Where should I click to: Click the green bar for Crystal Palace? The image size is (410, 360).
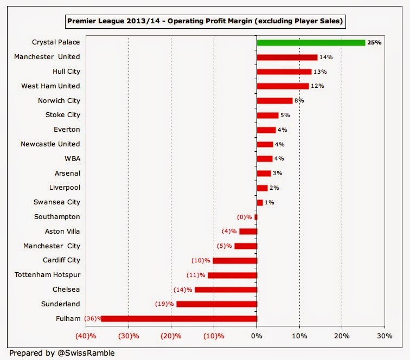click(x=311, y=42)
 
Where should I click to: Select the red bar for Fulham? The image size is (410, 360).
click(x=179, y=318)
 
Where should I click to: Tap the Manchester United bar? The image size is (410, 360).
click(x=287, y=57)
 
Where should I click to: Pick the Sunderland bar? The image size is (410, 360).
click(x=216, y=304)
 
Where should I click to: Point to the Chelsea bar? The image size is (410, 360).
click(x=226, y=290)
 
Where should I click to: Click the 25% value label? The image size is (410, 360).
click(x=374, y=42)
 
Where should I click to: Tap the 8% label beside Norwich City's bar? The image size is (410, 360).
click(x=299, y=100)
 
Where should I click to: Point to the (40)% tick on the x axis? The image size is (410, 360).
click(x=86, y=336)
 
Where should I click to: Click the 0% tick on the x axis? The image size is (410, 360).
click(x=257, y=336)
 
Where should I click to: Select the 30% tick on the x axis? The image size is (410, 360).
click(x=384, y=336)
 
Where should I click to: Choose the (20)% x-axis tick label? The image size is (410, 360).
click(x=171, y=336)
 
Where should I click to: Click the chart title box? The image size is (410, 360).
click(x=205, y=22)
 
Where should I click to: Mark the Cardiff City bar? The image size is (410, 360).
click(x=235, y=260)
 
